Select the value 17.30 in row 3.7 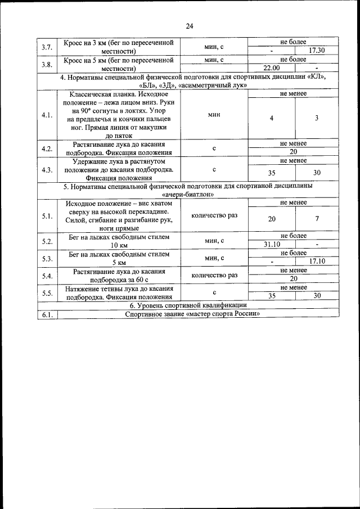317,50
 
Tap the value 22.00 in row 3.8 272,68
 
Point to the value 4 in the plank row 272,118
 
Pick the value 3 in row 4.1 317,118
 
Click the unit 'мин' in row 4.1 214,114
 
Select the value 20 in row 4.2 293,152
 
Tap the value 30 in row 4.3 317,173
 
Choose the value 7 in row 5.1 317,219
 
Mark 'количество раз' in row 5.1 214,215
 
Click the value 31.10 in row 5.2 272,244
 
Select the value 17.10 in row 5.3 317,262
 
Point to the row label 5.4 47,276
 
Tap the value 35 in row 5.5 272,296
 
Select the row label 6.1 47,314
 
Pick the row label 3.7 47,46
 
